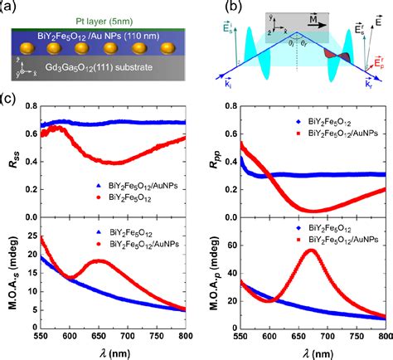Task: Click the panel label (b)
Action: [214, 7]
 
